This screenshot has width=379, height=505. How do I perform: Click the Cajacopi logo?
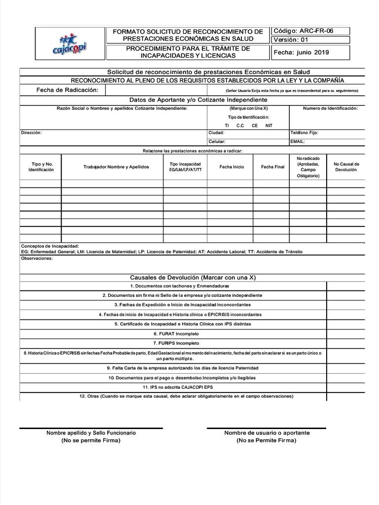coord(72,43)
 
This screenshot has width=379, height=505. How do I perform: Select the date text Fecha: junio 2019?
coord(301,52)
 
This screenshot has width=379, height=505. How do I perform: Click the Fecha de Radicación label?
coord(67,90)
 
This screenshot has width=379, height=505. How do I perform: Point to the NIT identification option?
coord(268,125)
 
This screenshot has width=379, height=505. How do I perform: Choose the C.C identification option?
coord(240,125)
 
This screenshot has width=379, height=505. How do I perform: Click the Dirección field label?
coord(31,133)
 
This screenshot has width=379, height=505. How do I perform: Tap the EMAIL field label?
coord(298,142)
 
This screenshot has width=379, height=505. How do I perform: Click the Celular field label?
coord(217,142)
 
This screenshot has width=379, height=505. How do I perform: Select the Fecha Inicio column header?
coord(231,167)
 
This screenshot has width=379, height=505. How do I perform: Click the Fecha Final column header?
coord(272,167)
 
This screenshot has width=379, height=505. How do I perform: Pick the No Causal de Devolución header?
coord(346,167)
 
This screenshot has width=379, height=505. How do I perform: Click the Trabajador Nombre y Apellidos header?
coord(116,167)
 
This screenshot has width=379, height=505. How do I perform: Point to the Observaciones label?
coord(37,258)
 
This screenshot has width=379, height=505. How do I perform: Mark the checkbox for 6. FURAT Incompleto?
coord(345,333)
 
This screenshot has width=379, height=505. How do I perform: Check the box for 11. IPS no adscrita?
coord(345,387)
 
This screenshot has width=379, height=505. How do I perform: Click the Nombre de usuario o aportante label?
coord(267,433)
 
